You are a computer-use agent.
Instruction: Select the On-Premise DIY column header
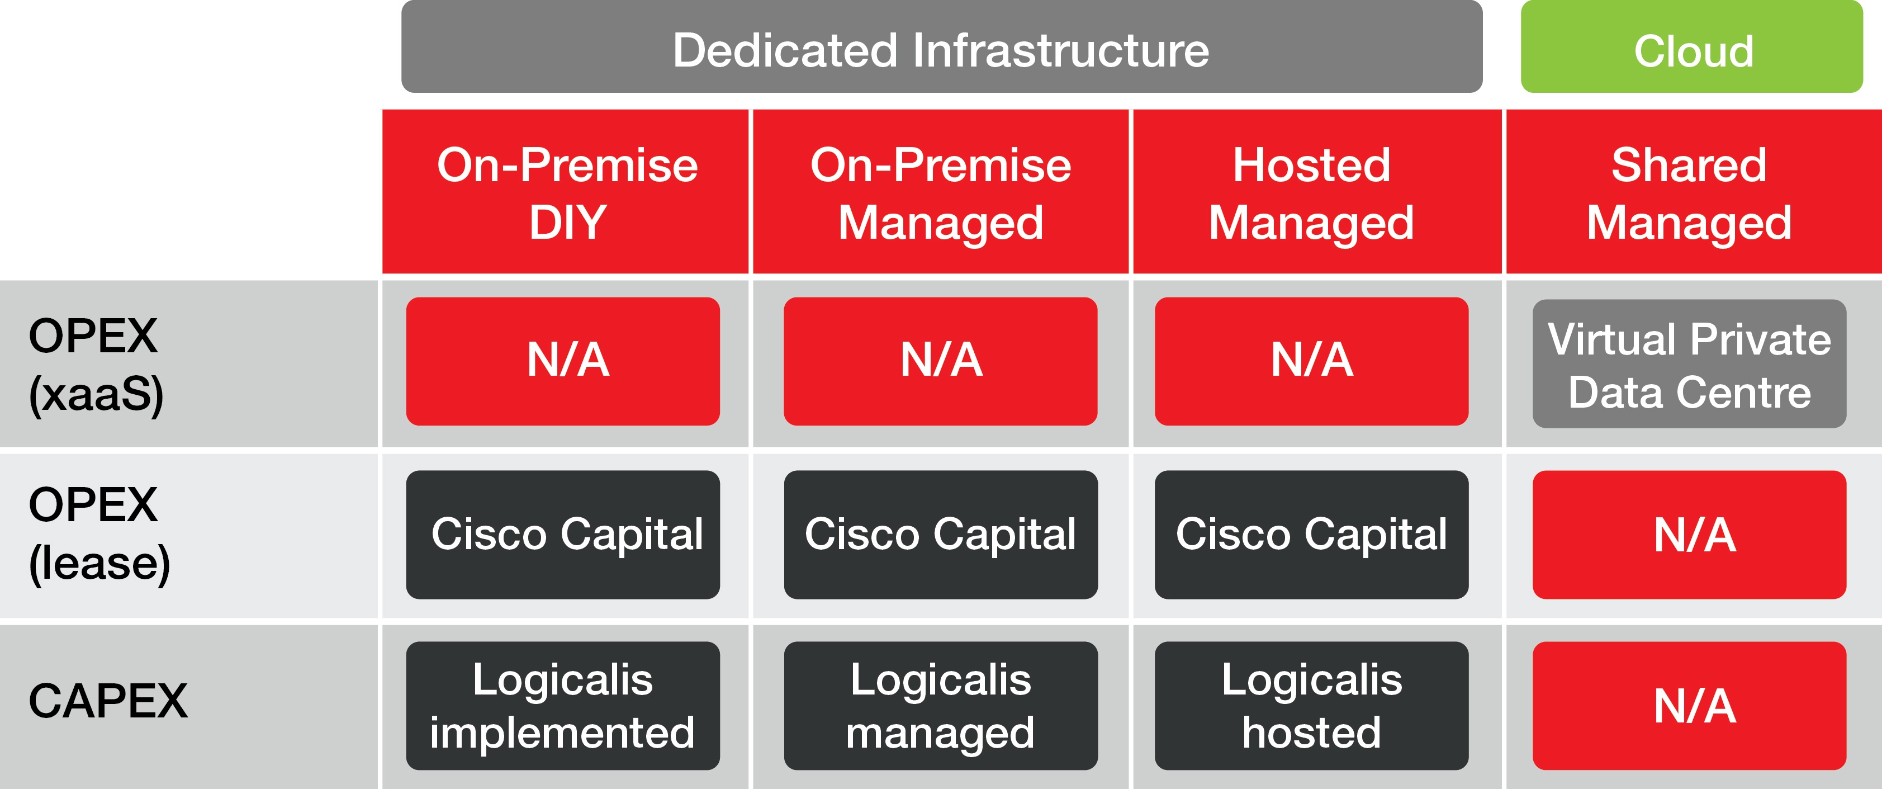coord(566,192)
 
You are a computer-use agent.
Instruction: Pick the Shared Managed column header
coord(1689,192)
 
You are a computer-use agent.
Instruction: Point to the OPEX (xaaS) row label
coord(95,364)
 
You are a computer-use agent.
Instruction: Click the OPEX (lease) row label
coord(98,534)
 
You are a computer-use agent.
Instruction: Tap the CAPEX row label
coord(107,701)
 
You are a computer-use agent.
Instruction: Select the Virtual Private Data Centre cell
coord(1689,364)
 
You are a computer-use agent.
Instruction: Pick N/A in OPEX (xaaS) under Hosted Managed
coord(1311,361)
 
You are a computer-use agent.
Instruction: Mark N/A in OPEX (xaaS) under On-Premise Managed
coord(940,361)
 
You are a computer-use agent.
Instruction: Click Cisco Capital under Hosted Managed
coord(1311,534)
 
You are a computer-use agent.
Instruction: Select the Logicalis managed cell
coord(940,705)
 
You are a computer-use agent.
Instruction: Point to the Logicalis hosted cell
coord(1311,705)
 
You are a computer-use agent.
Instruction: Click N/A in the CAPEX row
coord(1689,705)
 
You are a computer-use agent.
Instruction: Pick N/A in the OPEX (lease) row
coord(1689,534)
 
